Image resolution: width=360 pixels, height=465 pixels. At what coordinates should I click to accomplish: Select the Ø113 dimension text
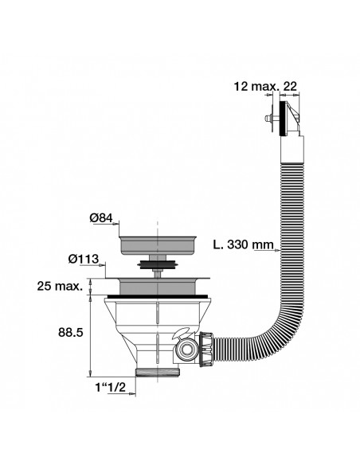83,258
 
